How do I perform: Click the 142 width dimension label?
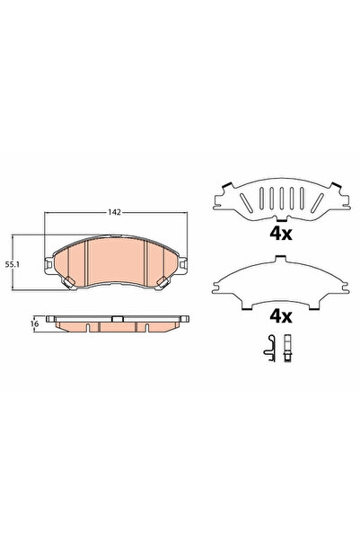point(114,212)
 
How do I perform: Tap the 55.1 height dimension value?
point(13,264)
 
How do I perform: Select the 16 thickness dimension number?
point(34,323)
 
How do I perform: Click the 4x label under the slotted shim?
point(281,235)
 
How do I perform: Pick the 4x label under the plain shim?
point(281,316)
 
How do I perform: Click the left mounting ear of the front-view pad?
point(48,264)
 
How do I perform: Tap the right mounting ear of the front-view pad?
point(183,264)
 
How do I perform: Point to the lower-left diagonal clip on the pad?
point(68,281)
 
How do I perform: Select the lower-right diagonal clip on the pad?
point(162,282)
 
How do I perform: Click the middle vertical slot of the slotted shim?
point(282,199)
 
